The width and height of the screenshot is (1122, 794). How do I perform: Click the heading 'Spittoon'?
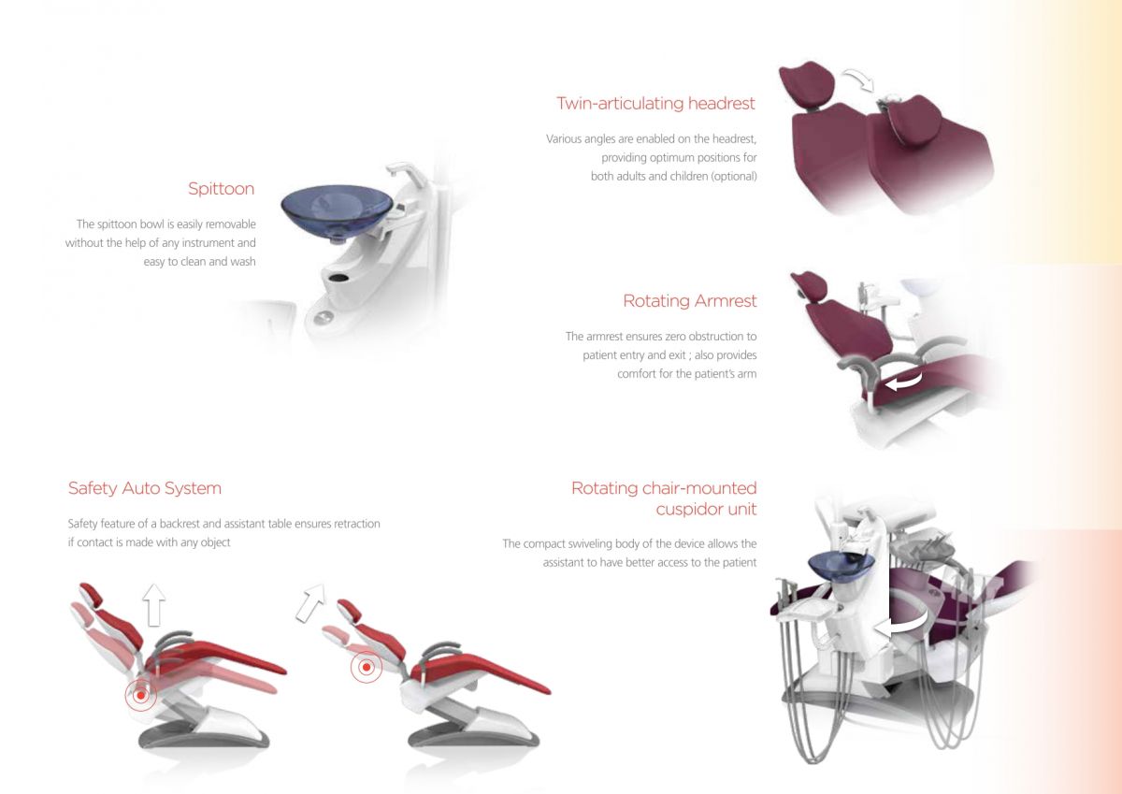point(221,189)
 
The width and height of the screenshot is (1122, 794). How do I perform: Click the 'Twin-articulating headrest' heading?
point(655,103)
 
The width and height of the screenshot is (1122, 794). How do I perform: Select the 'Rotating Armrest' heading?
point(690,301)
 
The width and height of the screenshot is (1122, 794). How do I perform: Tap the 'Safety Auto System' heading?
point(145,488)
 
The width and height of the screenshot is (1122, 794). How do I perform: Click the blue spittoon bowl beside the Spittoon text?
point(336,209)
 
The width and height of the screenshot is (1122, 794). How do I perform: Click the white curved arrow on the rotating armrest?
point(904,381)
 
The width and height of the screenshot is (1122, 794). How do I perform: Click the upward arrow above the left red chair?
point(155,604)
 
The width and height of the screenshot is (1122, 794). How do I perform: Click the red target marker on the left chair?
point(140,695)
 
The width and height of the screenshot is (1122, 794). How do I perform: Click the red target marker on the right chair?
point(367,668)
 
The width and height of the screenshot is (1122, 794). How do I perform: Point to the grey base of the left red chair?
point(204,738)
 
